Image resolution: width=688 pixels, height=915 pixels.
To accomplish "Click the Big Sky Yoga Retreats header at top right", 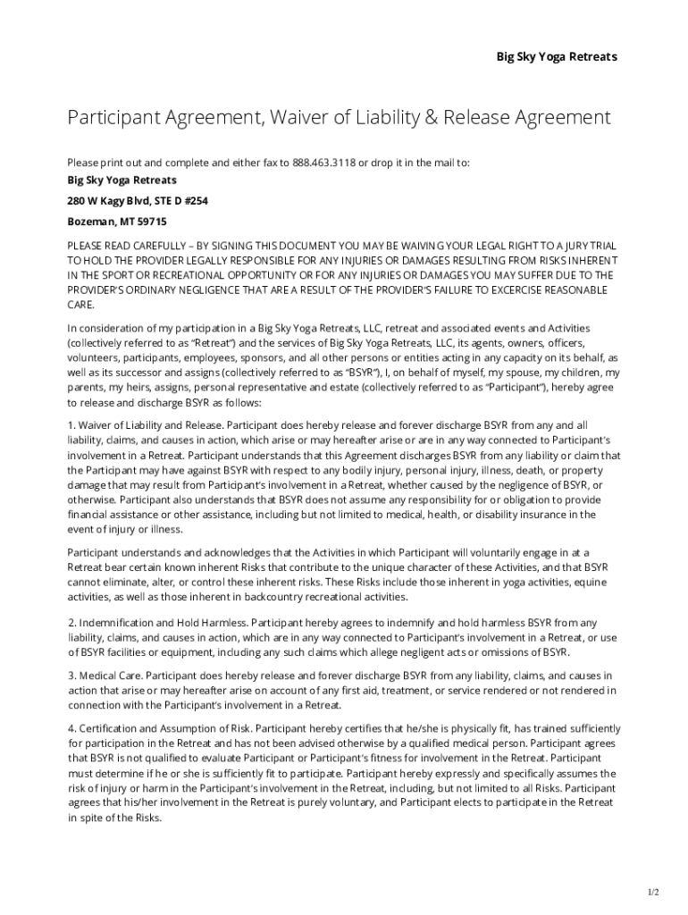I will [557, 56].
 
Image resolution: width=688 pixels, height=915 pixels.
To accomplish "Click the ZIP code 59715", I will [151, 221].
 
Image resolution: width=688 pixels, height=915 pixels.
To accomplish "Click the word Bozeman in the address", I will [89, 221].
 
